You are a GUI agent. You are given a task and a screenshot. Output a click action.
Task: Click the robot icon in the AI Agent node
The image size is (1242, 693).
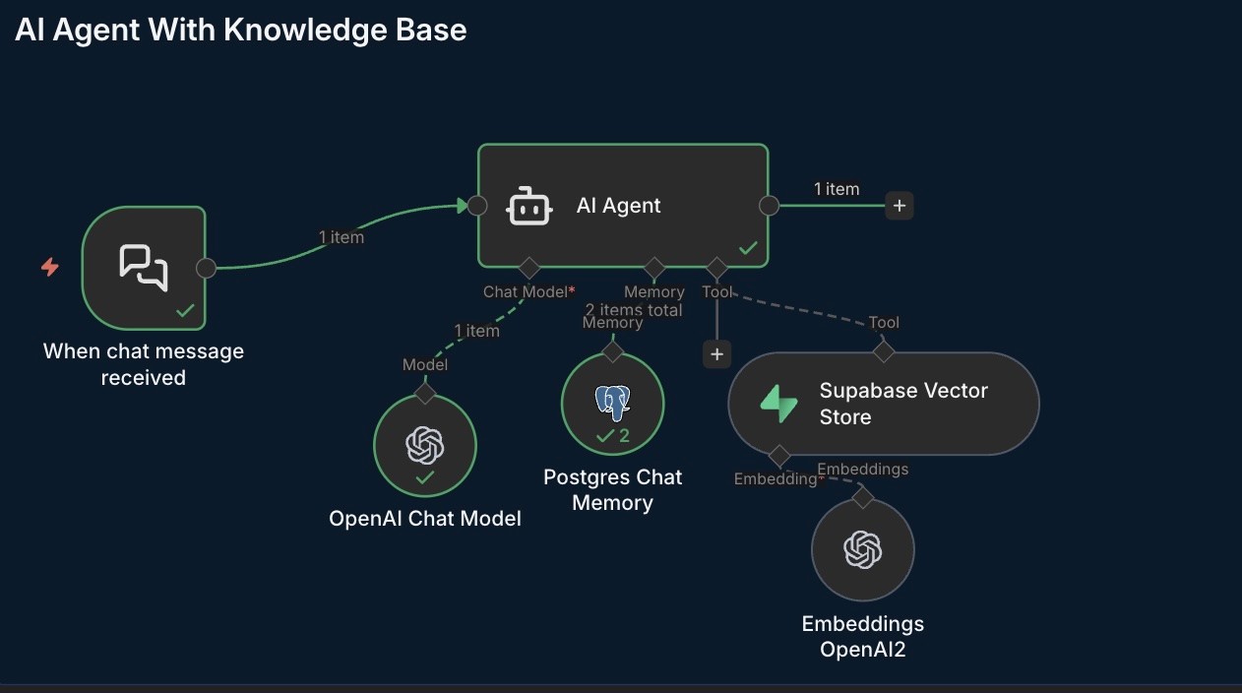click(x=528, y=206)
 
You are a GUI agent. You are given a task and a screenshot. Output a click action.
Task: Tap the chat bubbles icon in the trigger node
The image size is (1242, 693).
click(x=144, y=267)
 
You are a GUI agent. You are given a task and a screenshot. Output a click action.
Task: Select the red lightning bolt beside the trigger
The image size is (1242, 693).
click(x=49, y=267)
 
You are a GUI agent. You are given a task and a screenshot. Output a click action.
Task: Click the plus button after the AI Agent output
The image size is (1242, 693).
click(x=899, y=206)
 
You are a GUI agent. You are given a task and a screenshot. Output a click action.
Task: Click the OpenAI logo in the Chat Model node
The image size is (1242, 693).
click(x=425, y=445)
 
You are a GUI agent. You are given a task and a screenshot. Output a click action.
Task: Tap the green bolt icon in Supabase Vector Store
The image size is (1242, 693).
click(x=778, y=404)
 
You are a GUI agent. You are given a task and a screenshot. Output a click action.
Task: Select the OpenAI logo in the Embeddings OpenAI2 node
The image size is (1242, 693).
click(x=863, y=549)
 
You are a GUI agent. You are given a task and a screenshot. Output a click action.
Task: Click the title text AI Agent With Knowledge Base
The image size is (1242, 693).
click(x=241, y=30)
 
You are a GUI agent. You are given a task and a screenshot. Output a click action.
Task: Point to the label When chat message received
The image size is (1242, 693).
click(x=144, y=364)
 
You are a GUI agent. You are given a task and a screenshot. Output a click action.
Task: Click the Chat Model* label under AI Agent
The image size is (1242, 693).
click(x=528, y=291)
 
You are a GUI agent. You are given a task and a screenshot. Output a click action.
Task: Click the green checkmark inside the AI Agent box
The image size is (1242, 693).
click(x=748, y=248)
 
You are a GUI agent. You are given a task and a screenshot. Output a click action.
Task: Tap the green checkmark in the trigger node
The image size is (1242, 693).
click(x=185, y=311)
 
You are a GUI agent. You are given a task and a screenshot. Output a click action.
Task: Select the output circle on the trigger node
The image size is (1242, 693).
click(x=206, y=268)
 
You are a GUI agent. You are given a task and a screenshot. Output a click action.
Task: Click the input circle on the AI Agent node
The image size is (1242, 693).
click(x=477, y=206)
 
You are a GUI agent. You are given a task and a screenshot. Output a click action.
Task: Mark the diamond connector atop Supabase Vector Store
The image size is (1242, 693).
click(x=884, y=351)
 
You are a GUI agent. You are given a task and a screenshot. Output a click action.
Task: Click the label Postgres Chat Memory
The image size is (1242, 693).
click(x=612, y=489)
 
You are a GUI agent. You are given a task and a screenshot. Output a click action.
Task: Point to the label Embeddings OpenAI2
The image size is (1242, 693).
click(x=863, y=636)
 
